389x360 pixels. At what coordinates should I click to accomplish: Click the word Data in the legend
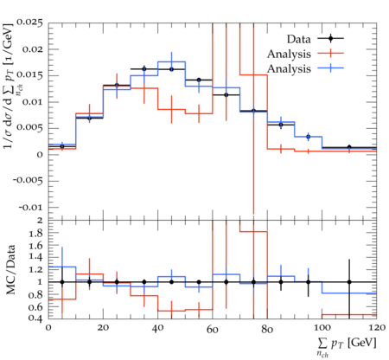click(x=299, y=39)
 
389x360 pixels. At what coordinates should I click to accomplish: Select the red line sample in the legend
click(x=331, y=54)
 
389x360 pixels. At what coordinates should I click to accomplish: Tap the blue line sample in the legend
click(x=331, y=68)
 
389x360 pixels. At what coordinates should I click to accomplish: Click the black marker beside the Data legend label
click(x=331, y=38)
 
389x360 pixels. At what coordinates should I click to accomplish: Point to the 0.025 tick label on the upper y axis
click(x=29, y=22)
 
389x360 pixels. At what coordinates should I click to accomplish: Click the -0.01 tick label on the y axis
click(x=31, y=208)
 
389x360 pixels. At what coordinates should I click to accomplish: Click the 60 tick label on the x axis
click(x=213, y=329)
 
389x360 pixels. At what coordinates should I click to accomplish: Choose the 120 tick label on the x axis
click(x=376, y=328)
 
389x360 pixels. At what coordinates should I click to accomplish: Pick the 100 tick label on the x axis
click(x=322, y=328)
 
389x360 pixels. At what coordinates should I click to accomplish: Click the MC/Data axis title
click(x=10, y=269)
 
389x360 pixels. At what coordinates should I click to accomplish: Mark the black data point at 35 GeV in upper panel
click(x=144, y=69)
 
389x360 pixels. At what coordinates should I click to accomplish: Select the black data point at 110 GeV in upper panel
click(x=349, y=147)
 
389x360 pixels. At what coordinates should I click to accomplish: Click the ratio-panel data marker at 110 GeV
click(x=349, y=282)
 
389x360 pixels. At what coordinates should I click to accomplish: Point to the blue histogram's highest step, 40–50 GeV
click(x=171, y=61)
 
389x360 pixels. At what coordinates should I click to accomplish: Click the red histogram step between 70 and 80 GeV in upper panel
click(x=253, y=75)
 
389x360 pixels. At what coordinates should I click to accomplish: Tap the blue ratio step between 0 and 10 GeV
click(x=62, y=267)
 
